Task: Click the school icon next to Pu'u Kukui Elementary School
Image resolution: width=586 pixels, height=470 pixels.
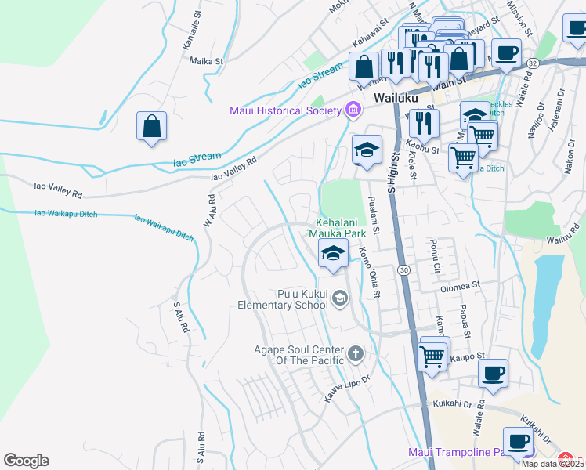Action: (340, 297)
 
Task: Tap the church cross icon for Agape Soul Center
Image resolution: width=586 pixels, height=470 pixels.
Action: (356, 354)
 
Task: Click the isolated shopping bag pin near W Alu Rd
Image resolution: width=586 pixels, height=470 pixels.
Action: (151, 127)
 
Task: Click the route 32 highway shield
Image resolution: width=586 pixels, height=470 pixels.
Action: (533, 63)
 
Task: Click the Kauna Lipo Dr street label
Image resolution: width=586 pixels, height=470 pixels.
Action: (345, 389)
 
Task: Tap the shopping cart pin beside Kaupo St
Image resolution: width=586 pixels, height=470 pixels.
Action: (433, 354)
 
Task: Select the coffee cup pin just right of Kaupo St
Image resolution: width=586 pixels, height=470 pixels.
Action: (493, 374)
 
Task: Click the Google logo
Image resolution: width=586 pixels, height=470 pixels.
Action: (26, 461)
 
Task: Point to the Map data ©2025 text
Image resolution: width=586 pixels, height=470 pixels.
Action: (552, 464)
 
